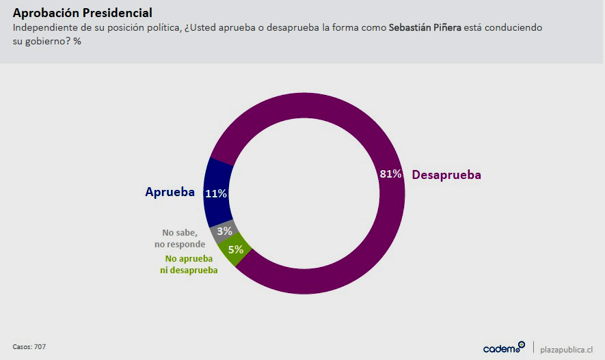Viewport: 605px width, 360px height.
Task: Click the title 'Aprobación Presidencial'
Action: click(82, 13)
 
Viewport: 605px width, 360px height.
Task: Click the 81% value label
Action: click(390, 174)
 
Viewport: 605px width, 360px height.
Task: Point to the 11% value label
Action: click(216, 193)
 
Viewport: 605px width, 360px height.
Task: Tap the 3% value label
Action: click(224, 231)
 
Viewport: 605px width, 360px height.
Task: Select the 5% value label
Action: click(236, 249)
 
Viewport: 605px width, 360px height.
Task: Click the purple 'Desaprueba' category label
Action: click(446, 175)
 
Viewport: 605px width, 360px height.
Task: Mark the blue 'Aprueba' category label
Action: click(170, 192)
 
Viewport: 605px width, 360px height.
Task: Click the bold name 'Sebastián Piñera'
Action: click(425, 28)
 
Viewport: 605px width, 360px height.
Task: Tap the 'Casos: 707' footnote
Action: click(29, 347)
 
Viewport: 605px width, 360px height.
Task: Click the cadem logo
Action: click(503, 348)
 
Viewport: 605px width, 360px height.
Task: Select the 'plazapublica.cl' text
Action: click(567, 349)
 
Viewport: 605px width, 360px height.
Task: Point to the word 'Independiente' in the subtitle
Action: click(42, 28)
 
